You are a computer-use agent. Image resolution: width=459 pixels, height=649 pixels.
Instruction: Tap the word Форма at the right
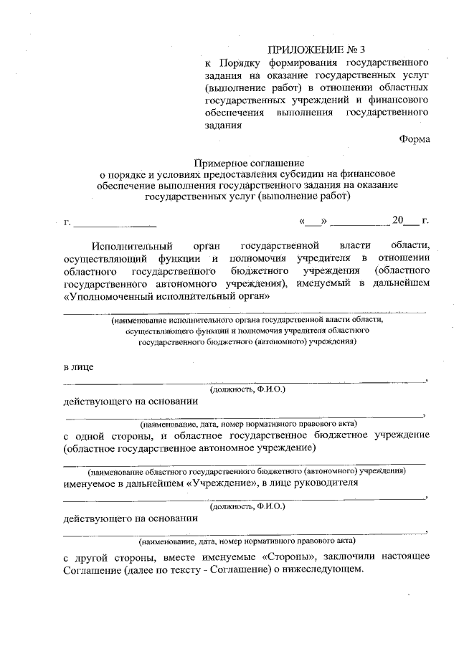tap(415, 138)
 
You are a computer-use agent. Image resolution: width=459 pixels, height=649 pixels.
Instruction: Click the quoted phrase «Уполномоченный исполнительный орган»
tap(166, 295)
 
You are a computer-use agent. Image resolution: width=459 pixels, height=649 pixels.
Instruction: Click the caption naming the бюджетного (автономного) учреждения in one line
tap(247, 472)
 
